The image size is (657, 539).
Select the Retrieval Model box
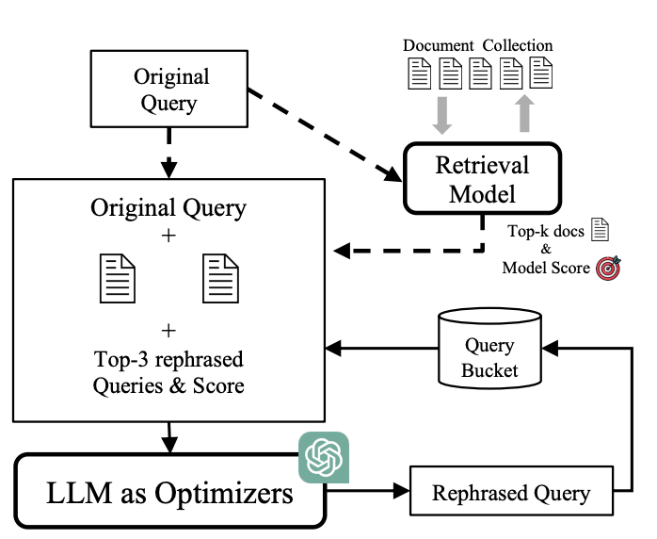(482, 179)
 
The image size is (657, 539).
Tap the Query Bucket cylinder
(489, 348)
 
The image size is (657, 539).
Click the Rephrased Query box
(510, 492)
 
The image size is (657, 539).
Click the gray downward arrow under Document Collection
(441, 115)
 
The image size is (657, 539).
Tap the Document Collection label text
(477, 45)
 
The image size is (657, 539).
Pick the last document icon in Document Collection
(541, 73)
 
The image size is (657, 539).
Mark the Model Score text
(545, 268)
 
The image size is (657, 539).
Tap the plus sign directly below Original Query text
(168, 236)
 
